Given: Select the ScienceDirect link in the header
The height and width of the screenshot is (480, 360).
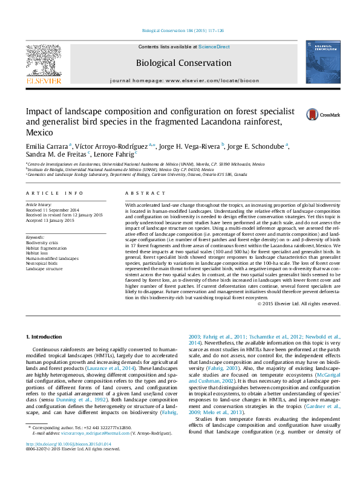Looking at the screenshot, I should pos(214,47).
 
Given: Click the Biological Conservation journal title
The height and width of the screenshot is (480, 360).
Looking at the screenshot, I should pos(175,62).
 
